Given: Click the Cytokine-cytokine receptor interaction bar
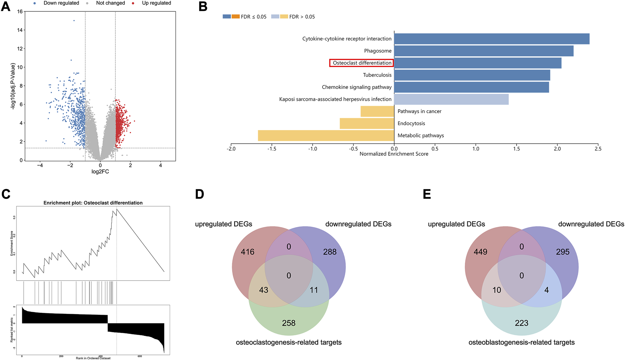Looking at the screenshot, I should click(491, 39).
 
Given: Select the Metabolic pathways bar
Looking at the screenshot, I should click(326, 135).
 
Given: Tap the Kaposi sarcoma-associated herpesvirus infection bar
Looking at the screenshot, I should click(451, 99).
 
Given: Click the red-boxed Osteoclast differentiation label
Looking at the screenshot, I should click(362, 63).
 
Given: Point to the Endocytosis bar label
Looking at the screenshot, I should click(411, 123).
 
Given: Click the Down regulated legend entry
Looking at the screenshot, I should click(61, 3).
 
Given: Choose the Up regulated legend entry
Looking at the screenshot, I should click(156, 3).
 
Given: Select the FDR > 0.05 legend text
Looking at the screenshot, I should click(302, 17).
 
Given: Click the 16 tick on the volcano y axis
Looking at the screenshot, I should click(20, 12).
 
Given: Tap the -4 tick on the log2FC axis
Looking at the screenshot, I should click(40, 165).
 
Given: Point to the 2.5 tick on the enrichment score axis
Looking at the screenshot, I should click(598, 149).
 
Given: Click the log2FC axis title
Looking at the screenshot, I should click(100, 172).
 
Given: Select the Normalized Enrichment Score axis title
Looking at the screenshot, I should click(394, 154).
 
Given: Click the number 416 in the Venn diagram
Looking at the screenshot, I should click(248, 252).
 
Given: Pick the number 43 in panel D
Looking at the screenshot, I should click(263, 290).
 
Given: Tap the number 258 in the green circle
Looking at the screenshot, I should click(289, 323).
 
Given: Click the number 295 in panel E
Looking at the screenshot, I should click(563, 252).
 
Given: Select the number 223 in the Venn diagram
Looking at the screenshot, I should click(521, 323).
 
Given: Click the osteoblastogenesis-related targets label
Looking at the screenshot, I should click(521, 342).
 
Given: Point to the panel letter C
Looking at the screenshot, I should click(6, 194).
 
